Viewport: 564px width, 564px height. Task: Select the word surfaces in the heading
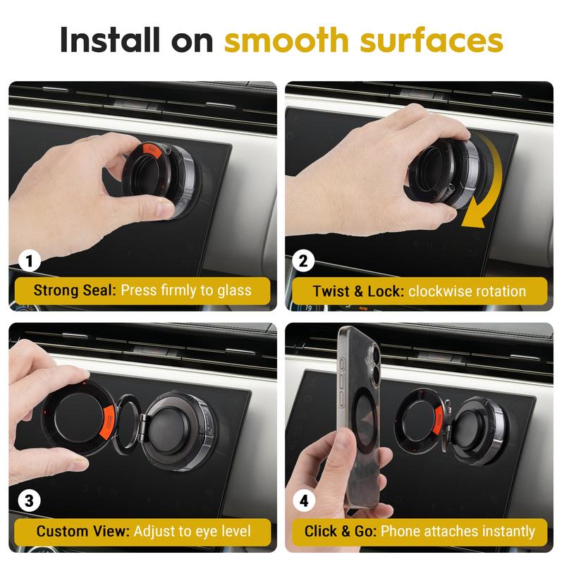(434, 41)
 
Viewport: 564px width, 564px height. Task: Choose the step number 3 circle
(30, 501)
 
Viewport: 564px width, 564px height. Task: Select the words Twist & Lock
(356, 290)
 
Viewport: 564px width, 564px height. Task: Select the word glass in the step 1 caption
(232, 290)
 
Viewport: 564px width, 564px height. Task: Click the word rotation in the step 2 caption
(498, 290)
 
